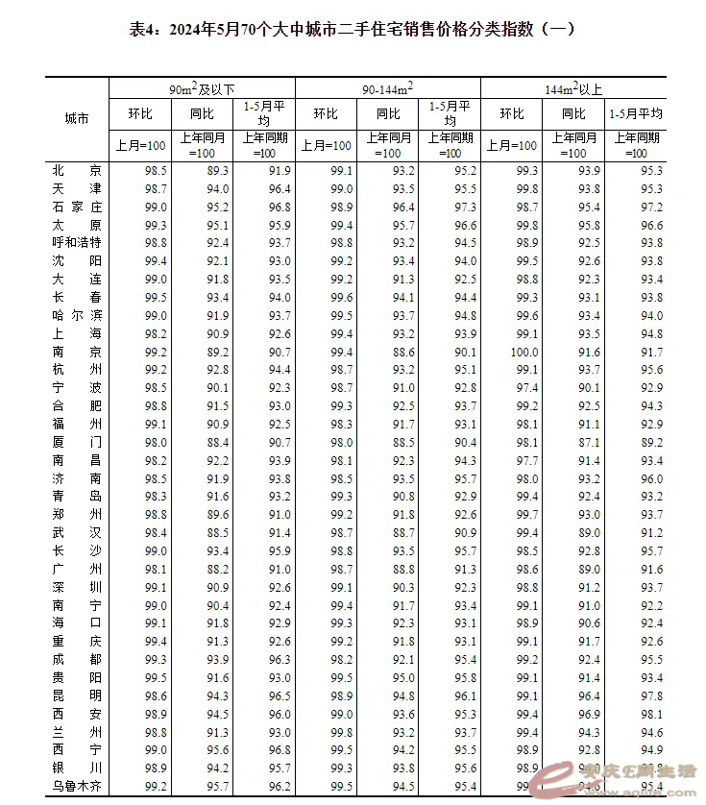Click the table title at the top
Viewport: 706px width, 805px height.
[352, 29]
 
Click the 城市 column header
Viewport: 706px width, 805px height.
[76, 119]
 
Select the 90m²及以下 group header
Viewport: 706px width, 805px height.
[202, 88]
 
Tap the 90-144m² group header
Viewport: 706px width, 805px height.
[387, 88]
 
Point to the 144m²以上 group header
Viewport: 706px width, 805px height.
[573, 88]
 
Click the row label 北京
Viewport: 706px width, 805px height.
[76, 170]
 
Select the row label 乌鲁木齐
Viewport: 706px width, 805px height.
[76, 786]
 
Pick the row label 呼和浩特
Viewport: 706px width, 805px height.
[76, 242]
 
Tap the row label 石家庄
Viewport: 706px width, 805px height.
[76, 207]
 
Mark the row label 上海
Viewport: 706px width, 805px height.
[76, 333]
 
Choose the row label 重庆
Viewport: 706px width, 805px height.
[76, 641]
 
